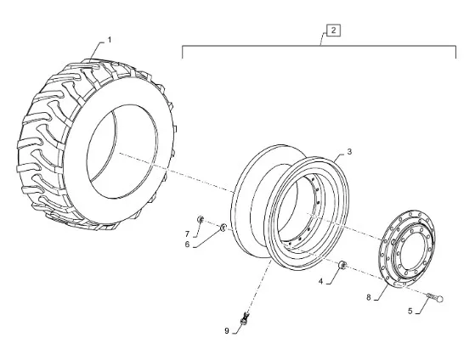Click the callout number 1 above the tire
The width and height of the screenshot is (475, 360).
pos(110,40)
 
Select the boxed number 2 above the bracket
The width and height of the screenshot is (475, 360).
pos(333,31)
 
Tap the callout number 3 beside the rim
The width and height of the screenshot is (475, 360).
pos(349,151)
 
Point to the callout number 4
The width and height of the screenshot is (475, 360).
pos(320,281)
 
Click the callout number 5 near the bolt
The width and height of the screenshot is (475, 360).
pos(410,311)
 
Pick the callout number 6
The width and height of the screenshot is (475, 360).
pos(187,244)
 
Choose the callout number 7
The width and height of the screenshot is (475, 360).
pos(187,233)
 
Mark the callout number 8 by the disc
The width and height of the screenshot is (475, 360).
pos(369,297)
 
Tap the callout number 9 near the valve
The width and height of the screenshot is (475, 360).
pos(227,331)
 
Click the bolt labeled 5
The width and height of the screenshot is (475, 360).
pos(435,297)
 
